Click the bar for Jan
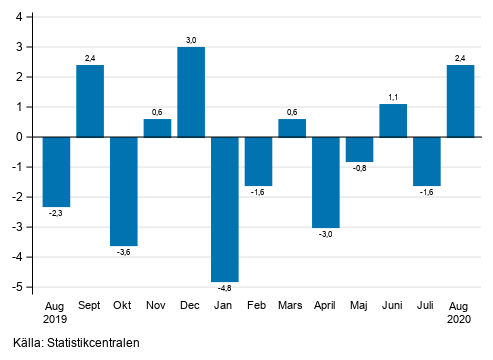224,209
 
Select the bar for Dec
191,92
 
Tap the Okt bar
124,191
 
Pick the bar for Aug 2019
56,172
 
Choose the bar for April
326,182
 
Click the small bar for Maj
359,149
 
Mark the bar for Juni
393,120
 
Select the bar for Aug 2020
460,101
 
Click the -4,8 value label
224,289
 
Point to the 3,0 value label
191,39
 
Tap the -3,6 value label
124,253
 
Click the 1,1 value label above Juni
393,96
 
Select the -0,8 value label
359,169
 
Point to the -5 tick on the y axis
20,287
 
